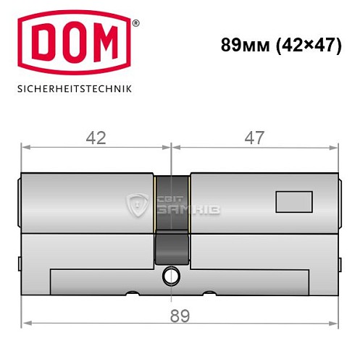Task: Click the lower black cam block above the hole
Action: point(172,250)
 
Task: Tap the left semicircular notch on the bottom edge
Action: point(133,293)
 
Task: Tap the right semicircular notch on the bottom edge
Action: point(211,293)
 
